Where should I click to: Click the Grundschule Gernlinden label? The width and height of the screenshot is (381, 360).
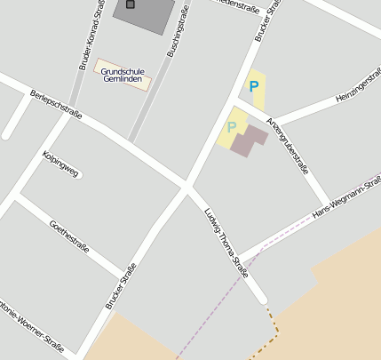[x=122, y=75]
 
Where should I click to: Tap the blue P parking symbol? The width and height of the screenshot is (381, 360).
[x=254, y=86]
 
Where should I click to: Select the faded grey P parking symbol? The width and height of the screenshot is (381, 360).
[x=232, y=127]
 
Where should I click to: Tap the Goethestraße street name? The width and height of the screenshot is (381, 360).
[x=70, y=236]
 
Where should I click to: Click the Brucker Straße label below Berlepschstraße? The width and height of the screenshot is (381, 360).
[x=122, y=285]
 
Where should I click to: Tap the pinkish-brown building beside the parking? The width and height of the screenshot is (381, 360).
[x=248, y=140]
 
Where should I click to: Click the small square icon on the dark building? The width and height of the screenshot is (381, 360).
[x=131, y=4]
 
